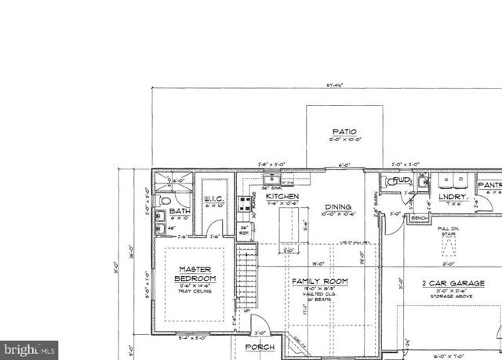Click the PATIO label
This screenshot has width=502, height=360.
click(344, 132)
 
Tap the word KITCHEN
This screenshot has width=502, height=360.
click(282, 196)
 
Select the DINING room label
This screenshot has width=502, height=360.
click(338, 207)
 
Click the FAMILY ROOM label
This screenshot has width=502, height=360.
click(319, 282)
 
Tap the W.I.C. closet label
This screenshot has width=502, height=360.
click(216, 200)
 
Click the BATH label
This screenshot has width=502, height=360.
click(180, 211)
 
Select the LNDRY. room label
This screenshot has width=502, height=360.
click(453, 198)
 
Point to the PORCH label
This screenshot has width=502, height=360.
click(260, 346)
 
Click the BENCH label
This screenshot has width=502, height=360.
click(420, 218)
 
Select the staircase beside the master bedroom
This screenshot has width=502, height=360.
click(247, 275)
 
